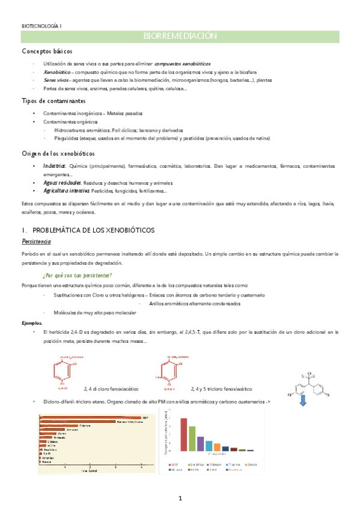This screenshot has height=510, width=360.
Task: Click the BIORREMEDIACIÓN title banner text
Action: pos(180,37)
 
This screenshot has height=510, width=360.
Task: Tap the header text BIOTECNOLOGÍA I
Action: pos(46,26)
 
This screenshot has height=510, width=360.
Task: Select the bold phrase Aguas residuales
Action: pos(61,183)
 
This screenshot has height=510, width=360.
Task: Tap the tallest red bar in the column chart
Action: pos(184,434)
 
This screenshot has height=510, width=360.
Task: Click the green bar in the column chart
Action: pos(192,438)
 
